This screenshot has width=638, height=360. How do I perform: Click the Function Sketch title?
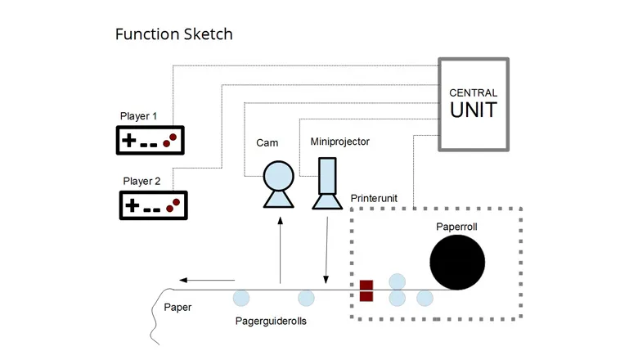(173, 34)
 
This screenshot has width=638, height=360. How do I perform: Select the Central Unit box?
(474, 104)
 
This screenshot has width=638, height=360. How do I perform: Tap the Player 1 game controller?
(151, 141)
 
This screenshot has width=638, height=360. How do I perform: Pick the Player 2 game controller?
(154, 205)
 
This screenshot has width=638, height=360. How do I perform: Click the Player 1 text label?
(138, 116)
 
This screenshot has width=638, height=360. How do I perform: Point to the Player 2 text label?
(142, 181)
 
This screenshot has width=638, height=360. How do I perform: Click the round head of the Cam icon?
(278, 174)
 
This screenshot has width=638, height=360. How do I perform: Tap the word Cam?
(267, 143)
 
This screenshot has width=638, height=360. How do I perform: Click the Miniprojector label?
(339, 142)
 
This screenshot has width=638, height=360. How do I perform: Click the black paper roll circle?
(457, 262)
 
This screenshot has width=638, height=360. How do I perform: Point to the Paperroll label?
(456, 227)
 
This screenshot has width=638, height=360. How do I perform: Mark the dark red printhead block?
(366, 290)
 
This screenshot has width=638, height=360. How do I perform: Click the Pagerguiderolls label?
(271, 322)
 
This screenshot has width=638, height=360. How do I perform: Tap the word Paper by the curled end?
(177, 308)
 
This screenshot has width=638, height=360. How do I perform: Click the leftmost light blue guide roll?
(241, 298)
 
